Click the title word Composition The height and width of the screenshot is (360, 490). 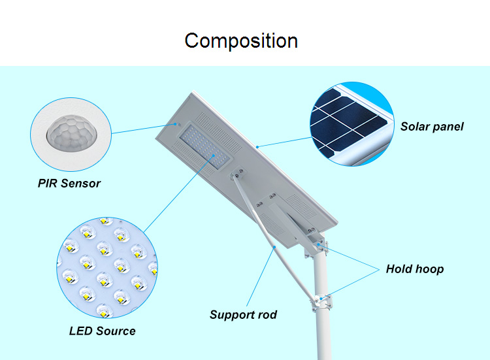[241, 41]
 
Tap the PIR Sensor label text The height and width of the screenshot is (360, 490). [69, 184]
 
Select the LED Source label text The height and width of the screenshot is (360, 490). [102, 331]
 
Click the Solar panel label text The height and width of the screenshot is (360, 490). [432, 127]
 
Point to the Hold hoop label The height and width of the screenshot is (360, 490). [415, 269]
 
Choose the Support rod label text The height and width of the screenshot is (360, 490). [243, 315]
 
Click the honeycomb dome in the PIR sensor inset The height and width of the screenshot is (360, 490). [72, 133]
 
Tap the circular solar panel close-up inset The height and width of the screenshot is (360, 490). [352, 123]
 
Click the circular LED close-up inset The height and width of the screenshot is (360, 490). [107, 267]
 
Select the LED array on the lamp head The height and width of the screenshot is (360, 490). [205, 146]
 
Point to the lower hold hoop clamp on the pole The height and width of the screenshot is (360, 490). [321, 302]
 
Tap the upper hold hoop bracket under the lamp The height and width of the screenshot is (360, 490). [316, 247]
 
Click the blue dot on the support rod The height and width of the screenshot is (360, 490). [274, 247]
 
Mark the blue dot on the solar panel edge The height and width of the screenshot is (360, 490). [257, 147]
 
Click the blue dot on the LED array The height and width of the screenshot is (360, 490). [214, 155]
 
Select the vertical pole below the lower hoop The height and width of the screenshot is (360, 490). [323, 335]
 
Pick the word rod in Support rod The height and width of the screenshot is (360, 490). [267, 315]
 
